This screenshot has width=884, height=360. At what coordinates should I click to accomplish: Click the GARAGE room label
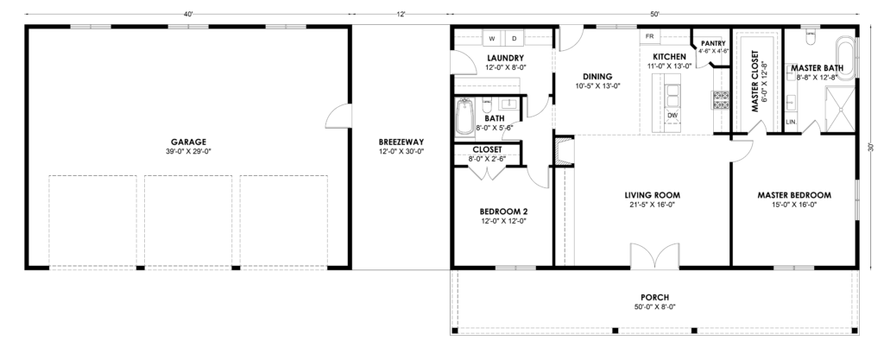click(188, 142)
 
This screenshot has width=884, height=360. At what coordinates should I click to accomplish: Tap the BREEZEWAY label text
click(401, 142)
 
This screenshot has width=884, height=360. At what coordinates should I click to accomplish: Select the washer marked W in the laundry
click(491, 39)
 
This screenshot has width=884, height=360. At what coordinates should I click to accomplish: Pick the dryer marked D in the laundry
click(514, 39)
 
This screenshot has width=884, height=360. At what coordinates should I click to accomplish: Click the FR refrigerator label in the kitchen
click(649, 36)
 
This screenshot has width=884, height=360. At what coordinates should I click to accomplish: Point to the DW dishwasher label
click(672, 116)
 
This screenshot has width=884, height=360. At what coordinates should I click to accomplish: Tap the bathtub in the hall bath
click(464, 117)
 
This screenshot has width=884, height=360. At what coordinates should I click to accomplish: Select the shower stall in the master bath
click(840, 110)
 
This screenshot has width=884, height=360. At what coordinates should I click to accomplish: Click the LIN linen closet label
click(791, 122)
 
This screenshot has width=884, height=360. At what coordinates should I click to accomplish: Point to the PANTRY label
click(713, 43)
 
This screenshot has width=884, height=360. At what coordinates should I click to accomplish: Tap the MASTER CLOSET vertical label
click(755, 82)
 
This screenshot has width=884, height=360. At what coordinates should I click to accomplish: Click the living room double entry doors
click(654, 256)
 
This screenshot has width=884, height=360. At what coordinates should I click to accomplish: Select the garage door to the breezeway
click(338, 115)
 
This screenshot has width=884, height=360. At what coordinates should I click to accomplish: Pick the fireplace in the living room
click(564, 152)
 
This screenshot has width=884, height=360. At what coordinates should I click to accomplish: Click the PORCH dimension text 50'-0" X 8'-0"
click(654, 307)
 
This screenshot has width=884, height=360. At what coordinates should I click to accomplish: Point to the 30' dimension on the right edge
click(872, 147)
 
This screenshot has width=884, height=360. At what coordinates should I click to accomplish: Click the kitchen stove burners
click(721, 99)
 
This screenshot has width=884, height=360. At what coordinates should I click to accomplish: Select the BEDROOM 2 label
click(503, 212)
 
